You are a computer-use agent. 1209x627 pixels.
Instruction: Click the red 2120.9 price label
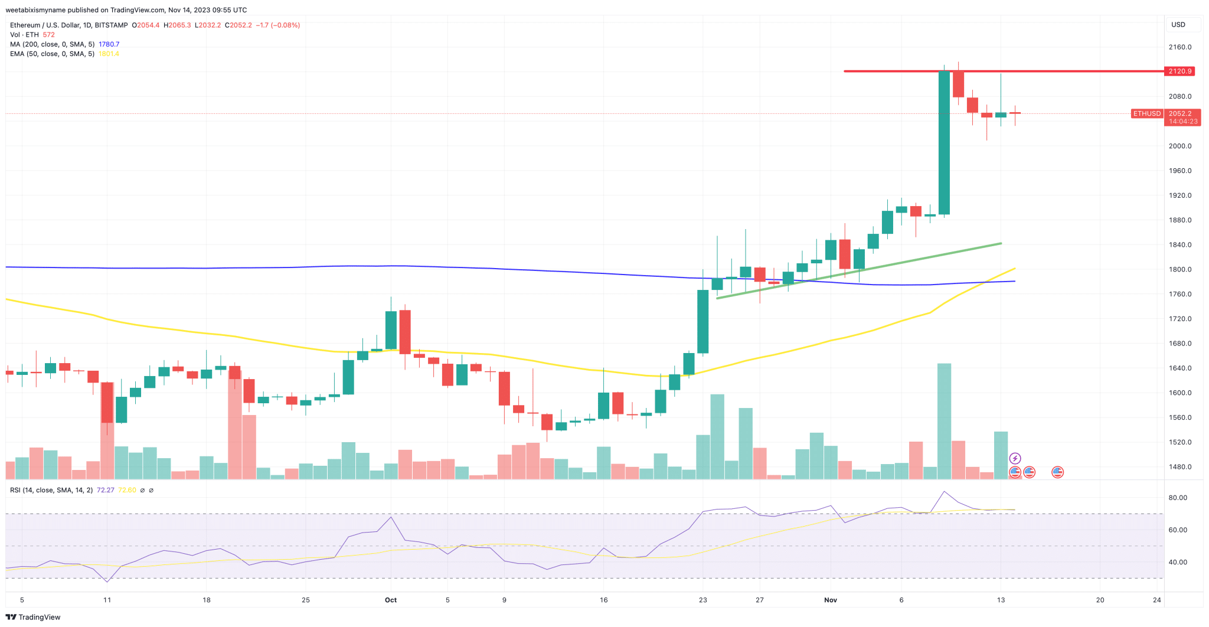pyautogui.click(x=1180, y=71)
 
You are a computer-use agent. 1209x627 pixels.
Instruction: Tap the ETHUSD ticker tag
pyautogui.click(x=1146, y=113)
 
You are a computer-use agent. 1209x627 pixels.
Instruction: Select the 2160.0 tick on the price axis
pyautogui.click(x=1179, y=47)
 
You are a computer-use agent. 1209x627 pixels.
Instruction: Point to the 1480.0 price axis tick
pyautogui.click(x=1179, y=467)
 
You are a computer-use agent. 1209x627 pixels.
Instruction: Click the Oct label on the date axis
pyautogui.click(x=391, y=600)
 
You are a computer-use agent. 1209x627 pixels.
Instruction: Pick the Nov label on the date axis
pyautogui.click(x=831, y=600)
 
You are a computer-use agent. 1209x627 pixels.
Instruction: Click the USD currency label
pyautogui.click(x=1178, y=25)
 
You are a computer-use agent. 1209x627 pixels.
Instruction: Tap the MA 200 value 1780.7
pyautogui.click(x=109, y=44)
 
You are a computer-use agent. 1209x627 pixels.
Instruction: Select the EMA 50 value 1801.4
pyautogui.click(x=109, y=54)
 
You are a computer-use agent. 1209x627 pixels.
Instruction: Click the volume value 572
pyautogui.click(x=48, y=35)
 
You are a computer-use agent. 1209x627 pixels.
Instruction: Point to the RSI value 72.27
pyautogui.click(x=105, y=490)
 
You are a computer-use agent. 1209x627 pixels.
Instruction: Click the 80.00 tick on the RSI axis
pyautogui.click(x=1177, y=498)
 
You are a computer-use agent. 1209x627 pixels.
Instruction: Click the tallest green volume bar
pyautogui.click(x=944, y=420)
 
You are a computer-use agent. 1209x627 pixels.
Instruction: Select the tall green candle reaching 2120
pyautogui.click(x=944, y=142)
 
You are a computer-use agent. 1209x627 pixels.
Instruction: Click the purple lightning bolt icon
pyautogui.click(x=1015, y=458)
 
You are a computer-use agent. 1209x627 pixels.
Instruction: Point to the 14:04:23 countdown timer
pyautogui.click(x=1183, y=122)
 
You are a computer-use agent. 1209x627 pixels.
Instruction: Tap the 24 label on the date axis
pyautogui.click(x=1156, y=600)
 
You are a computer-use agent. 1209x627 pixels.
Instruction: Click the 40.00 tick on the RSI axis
pyautogui.click(x=1177, y=562)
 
